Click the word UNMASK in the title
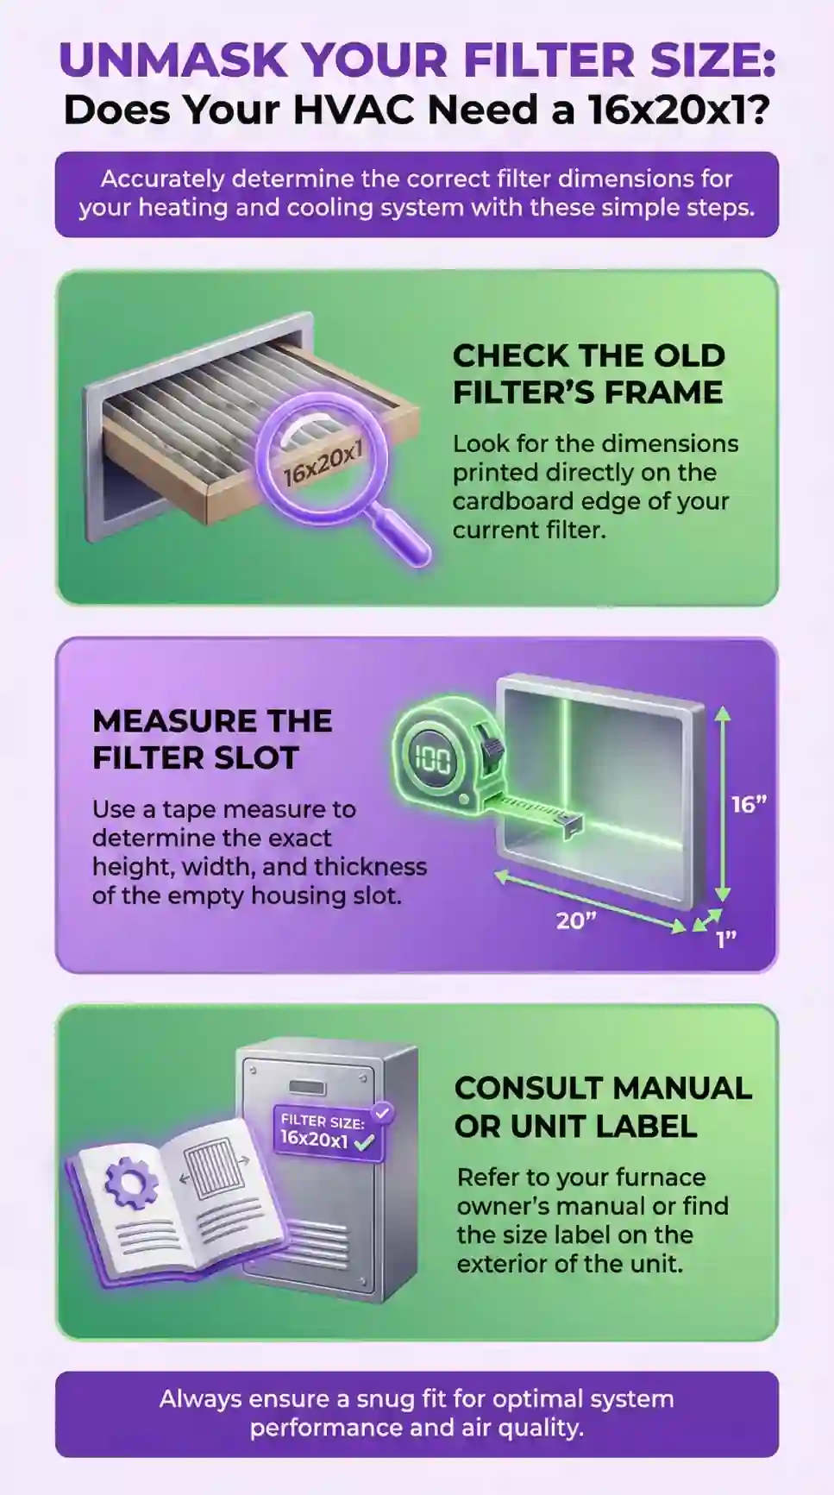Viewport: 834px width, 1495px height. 173,60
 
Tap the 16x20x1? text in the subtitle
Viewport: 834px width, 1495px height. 679,110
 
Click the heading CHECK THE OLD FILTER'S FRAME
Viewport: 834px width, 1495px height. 589,374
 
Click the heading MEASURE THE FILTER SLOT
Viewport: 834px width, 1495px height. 212,739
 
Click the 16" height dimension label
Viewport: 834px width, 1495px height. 749,804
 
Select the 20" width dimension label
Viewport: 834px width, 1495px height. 576,920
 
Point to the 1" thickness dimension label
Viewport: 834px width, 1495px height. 726,939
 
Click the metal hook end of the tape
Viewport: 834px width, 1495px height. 572,826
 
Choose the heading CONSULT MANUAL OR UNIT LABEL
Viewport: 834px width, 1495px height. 603,1107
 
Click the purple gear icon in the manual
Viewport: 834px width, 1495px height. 131,1183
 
